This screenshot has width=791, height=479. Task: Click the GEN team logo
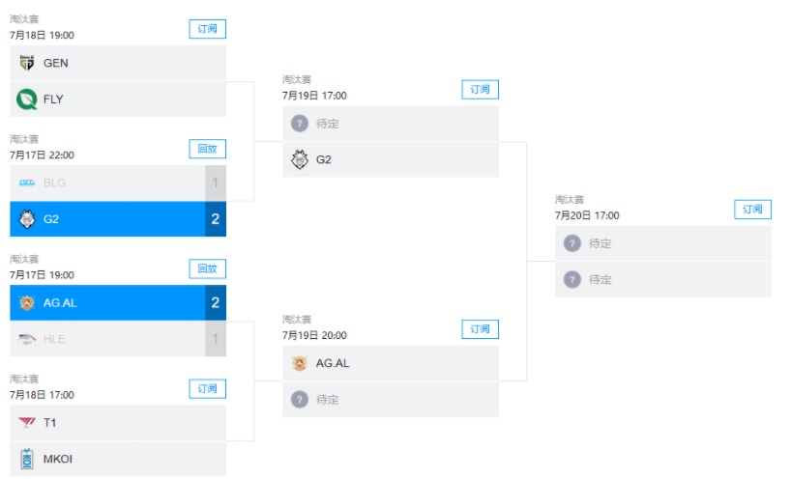point(27,63)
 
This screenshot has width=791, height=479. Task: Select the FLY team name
point(53,99)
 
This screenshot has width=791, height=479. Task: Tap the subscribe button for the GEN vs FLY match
point(207,29)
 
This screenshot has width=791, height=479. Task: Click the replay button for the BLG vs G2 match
point(207,149)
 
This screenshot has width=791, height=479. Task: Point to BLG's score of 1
point(216,183)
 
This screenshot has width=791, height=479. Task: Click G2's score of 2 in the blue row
point(216,219)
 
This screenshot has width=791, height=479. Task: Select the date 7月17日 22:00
point(42,155)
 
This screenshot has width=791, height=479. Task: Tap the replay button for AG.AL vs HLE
point(207,268)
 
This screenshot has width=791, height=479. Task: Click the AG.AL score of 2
point(216,302)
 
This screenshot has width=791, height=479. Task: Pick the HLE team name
point(54,339)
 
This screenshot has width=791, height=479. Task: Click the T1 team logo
point(27,422)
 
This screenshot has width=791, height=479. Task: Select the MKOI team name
point(58,459)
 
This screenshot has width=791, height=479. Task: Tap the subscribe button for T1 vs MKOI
point(207,388)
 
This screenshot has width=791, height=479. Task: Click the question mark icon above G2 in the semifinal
point(300,124)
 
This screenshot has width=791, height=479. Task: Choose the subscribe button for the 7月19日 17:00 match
point(481,89)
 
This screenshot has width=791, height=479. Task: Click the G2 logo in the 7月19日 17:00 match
point(300,159)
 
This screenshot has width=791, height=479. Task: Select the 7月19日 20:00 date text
point(314,335)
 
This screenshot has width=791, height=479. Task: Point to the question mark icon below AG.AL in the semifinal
point(300,400)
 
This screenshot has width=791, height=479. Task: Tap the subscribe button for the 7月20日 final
point(752,209)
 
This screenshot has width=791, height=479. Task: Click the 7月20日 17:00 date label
point(587,215)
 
